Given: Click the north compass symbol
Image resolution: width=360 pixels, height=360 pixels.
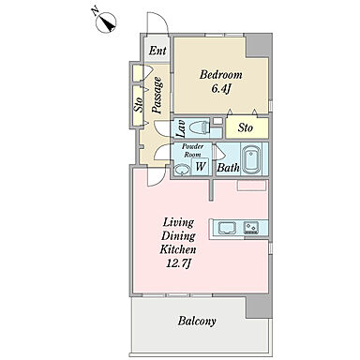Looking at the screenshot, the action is click(106, 22).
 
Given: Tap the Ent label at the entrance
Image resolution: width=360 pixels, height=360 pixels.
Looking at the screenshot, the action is click(157, 51).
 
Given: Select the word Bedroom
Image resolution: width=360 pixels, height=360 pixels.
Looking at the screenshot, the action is click(221, 75).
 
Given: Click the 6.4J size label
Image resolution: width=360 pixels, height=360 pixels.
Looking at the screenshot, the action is click(221, 89).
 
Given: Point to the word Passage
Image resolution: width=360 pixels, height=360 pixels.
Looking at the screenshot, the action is click(157, 95).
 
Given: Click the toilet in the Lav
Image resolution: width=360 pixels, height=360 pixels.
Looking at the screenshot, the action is click(199, 128).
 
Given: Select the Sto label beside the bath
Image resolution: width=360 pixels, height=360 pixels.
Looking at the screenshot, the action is click(246, 127).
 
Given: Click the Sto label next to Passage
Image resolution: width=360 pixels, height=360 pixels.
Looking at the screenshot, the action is click(139, 105).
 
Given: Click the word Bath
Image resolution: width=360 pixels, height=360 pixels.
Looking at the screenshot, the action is click(228, 168).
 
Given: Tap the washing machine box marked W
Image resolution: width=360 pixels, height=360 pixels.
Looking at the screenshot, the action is click(200, 166).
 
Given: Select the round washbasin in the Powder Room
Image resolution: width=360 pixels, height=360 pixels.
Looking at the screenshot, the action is click(182, 170).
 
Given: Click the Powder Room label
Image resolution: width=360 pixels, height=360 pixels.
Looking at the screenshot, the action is click(192, 150).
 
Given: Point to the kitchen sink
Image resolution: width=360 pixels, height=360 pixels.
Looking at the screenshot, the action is click(226, 228).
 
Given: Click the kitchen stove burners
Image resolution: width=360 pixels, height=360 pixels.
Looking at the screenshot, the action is click(251, 228).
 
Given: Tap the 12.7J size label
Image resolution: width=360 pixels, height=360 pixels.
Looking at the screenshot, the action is click(178, 263).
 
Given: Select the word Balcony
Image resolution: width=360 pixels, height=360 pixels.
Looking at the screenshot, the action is click(197, 321).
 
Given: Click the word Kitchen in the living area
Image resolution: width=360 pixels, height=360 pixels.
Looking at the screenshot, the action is click(178, 249).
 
